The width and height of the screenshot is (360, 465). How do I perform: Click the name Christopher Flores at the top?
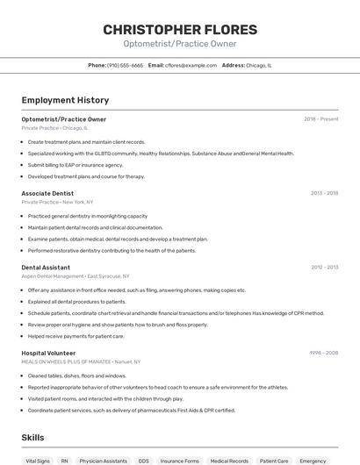pyautogui.click(x=180, y=30)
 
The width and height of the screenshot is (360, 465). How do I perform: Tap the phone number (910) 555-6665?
pyautogui.click(x=125, y=65)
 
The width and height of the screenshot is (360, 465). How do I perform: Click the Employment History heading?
pyautogui.click(x=65, y=100)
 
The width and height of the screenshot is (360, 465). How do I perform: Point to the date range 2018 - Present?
pyautogui.click(x=320, y=119)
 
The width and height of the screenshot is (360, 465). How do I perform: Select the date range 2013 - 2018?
pyautogui.click(x=324, y=192)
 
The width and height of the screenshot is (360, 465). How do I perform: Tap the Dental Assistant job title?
pyautogui.click(x=46, y=267)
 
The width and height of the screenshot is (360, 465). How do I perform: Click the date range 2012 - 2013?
pyautogui.click(x=324, y=267)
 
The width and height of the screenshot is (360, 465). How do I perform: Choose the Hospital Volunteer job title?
pyautogui.click(x=48, y=353)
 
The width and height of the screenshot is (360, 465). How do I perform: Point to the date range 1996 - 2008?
pyautogui.click(x=324, y=353)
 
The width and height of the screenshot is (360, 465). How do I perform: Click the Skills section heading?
pyautogui.click(x=32, y=437)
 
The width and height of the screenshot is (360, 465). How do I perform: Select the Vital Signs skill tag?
pyautogui.click(x=38, y=460)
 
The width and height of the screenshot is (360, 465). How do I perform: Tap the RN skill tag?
pyautogui.click(x=65, y=460)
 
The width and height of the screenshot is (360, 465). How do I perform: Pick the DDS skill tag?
pyautogui.click(x=143, y=460)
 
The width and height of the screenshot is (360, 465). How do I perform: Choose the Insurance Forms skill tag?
pyautogui.click(x=180, y=460)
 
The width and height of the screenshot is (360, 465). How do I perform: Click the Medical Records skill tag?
pyautogui.click(x=229, y=460)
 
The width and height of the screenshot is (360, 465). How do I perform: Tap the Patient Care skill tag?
pyautogui.click(x=274, y=460)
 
